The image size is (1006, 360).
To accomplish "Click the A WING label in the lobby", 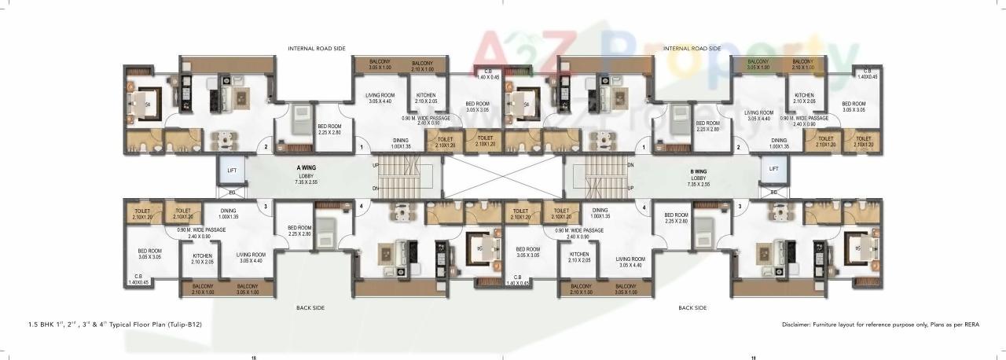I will coord(306,167).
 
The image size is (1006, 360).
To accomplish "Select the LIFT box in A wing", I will coord(232,169).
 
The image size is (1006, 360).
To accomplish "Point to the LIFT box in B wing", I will coord(773,169).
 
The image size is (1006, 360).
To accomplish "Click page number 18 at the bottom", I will coord(253,357).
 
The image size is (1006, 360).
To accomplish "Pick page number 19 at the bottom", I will coord(753,357).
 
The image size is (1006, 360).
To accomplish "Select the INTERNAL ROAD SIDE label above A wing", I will coord(317,49).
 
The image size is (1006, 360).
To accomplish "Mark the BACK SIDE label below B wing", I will coord(692,308).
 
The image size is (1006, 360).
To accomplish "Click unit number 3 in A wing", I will coord(266,208).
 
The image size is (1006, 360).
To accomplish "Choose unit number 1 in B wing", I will coord(644,147).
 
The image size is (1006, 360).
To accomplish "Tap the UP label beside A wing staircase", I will coord(375,165).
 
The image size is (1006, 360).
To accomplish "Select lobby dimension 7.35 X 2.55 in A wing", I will coord(306,182).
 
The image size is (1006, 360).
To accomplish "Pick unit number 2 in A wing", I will coord(266,147).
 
